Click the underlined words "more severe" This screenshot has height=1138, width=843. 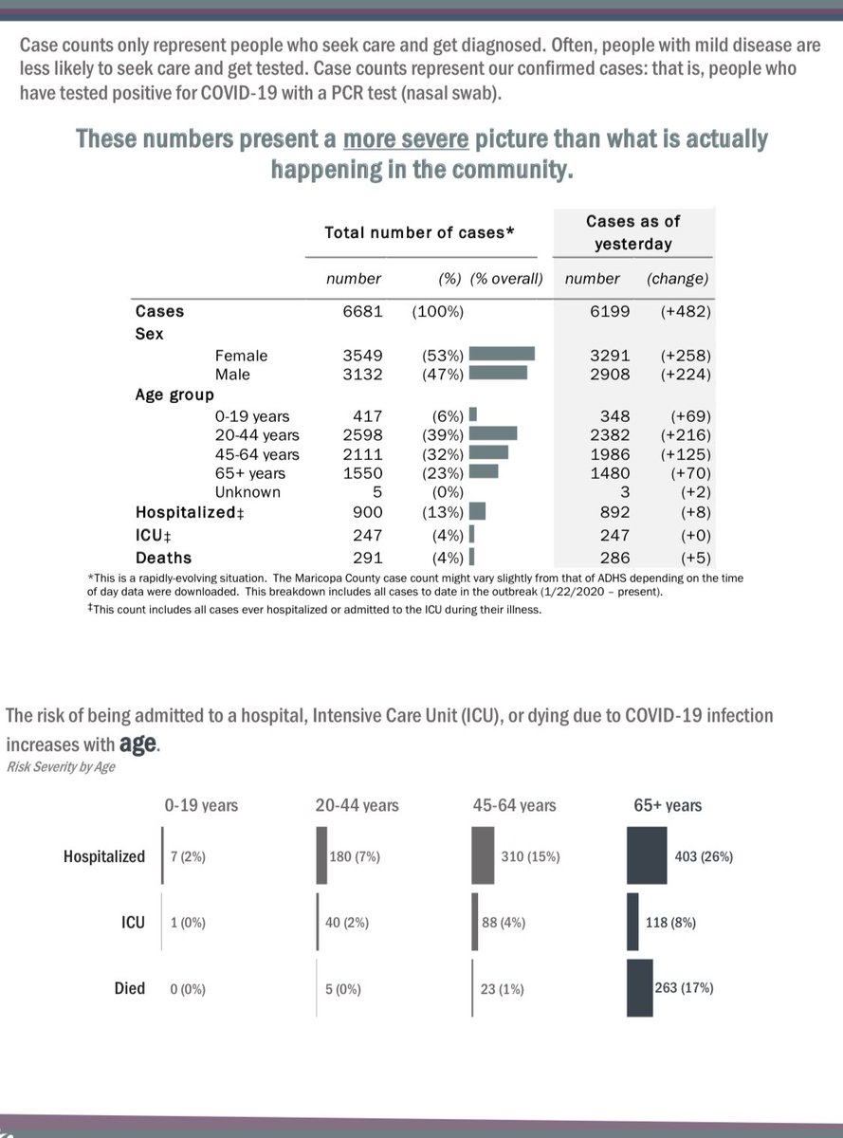(406, 139)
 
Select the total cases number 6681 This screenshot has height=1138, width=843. (363, 311)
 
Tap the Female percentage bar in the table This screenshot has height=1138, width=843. (502, 354)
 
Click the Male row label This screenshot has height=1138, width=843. (232, 375)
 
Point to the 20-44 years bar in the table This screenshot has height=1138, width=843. (493, 433)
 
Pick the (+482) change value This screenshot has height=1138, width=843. (686, 311)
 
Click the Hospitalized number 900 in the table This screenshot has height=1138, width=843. (367, 512)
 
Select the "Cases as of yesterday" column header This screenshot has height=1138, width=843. (633, 232)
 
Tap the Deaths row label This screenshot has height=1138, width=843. (163, 558)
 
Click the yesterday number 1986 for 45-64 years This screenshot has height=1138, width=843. (610, 454)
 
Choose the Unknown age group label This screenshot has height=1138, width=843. (247, 492)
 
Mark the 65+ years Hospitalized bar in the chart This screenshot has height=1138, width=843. (647, 855)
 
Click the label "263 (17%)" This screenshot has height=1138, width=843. (684, 987)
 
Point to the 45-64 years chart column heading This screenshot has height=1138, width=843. (514, 805)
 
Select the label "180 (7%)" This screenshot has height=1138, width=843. (355, 856)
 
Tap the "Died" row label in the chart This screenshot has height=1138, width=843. (129, 988)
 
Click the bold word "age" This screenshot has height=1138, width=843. (137, 743)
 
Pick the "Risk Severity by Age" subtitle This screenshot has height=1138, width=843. (61, 767)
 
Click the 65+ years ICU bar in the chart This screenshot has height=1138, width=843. (632, 922)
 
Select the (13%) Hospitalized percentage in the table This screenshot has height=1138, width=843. (442, 512)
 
